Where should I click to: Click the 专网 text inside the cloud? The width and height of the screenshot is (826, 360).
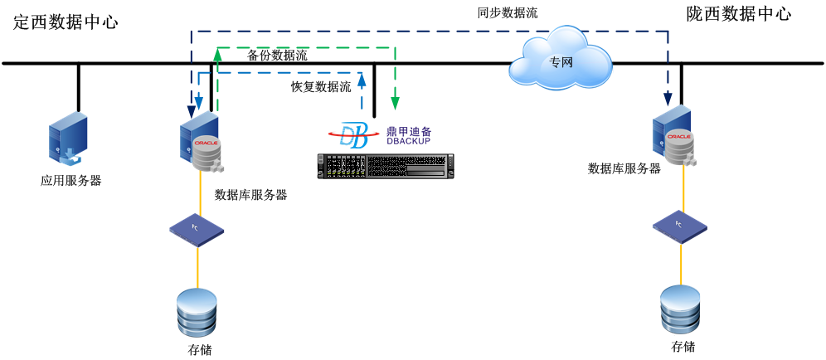561,62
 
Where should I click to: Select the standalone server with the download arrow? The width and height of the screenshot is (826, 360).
68,138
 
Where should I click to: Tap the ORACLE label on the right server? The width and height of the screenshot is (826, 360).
678,136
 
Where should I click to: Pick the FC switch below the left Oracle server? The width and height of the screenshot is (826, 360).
197,229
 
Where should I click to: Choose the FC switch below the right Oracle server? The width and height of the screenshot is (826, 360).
679,225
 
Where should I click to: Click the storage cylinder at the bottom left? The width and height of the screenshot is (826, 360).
197,311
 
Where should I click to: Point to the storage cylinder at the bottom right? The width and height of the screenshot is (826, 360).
680,309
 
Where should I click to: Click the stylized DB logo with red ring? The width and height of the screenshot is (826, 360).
354,134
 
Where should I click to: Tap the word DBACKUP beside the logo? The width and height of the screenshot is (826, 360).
409,141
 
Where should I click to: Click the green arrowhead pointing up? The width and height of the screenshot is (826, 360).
217,54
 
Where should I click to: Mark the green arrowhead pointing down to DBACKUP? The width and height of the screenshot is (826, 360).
395,104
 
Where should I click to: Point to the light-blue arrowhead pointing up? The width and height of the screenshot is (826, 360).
362,79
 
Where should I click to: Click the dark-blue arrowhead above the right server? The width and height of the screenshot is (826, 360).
668,100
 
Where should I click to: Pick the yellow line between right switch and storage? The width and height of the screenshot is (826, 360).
681,264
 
